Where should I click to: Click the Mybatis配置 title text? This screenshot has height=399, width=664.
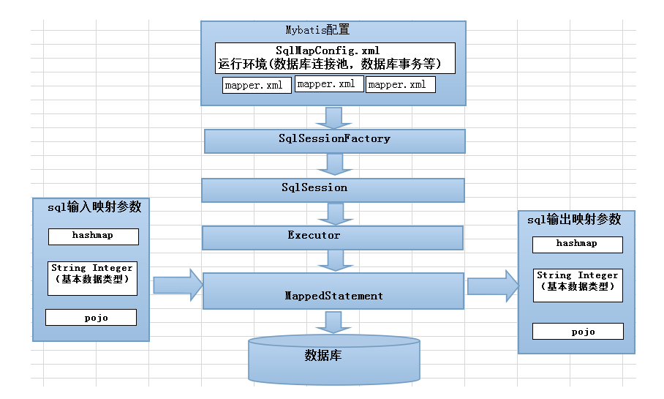point(317,30)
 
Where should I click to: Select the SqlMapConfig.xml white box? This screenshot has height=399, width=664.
point(335,58)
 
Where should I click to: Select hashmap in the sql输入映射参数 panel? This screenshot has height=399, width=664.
point(92,236)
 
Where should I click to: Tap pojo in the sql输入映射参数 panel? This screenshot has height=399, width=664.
point(91,317)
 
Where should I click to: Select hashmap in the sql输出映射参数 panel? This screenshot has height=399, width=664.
point(577,244)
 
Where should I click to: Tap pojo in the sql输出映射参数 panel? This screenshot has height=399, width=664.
point(578,331)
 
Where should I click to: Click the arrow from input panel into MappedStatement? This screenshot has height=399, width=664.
point(178,285)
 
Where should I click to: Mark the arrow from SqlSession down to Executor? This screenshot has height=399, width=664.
point(335,214)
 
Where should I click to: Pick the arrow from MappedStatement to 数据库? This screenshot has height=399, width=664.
point(333,322)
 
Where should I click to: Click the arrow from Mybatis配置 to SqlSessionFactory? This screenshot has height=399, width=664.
point(333,118)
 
